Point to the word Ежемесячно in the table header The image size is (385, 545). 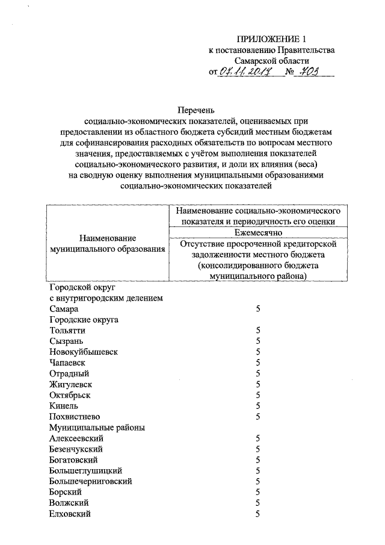(x=257, y=233)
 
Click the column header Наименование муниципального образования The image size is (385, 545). (x=107, y=244)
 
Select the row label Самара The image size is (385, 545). (x=64, y=309)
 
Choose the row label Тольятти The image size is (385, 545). (x=67, y=331)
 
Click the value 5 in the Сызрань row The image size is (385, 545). (x=257, y=341)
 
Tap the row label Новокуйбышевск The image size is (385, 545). (x=84, y=352)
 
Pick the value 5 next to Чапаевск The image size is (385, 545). (x=257, y=363)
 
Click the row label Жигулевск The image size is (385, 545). (x=72, y=384)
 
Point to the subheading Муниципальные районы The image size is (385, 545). (x=97, y=428)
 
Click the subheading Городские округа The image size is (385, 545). (x=84, y=320)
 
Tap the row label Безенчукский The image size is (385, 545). (x=76, y=449)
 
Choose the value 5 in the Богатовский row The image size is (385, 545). (x=257, y=460)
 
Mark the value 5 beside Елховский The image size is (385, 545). (x=257, y=514)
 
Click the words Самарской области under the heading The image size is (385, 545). (x=271, y=61)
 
